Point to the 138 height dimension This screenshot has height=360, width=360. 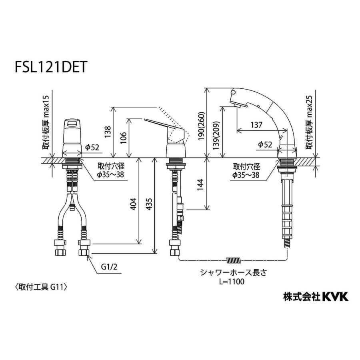coord(108,132)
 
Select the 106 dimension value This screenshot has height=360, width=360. coord(123,138)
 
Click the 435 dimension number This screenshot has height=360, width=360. coord(149,206)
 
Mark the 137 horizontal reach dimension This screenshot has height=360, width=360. coord(256,125)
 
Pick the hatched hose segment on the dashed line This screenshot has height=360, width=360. coord(234,260)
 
